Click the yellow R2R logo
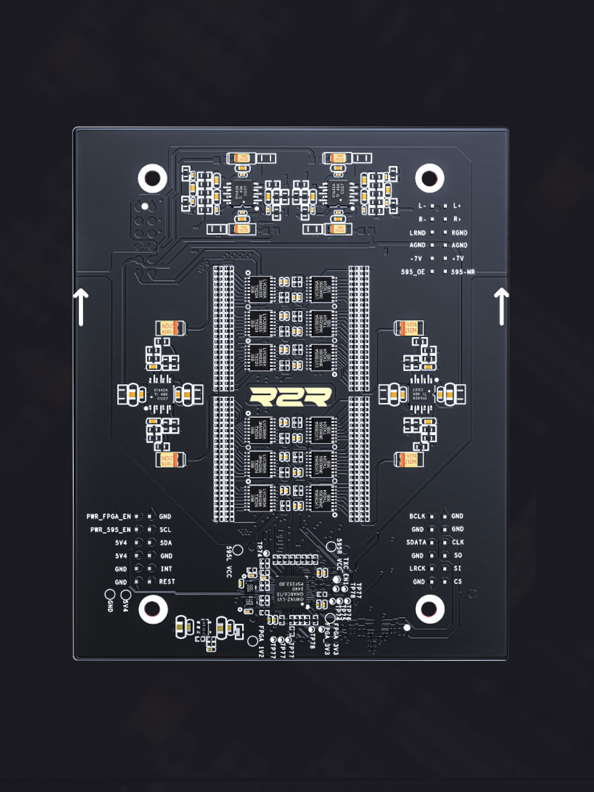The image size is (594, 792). [x=290, y=396]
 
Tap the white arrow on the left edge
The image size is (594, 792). [x=81, y=307]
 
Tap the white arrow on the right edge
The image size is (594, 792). [x=501, y=307]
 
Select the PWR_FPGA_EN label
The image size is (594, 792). [x=109, y=516]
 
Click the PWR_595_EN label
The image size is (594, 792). [x=110, y=530]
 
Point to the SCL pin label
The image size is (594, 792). [x=165, y=530]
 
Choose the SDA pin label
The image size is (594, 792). [x=166, y=543]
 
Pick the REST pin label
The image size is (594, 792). [x=167, y=582]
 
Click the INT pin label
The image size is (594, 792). [x=166, y=569]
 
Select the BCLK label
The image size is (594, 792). [x=417, y=516]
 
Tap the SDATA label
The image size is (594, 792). [x=416, y=542]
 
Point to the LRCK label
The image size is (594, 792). [x=417, y=568]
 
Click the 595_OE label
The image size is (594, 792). [x=413, y=272]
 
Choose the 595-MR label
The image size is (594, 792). [x=463, y=272]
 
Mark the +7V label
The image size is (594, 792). [x=458, y=258]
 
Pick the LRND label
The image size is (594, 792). [x=417, y=232]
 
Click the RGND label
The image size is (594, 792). [x=459, y=232]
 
